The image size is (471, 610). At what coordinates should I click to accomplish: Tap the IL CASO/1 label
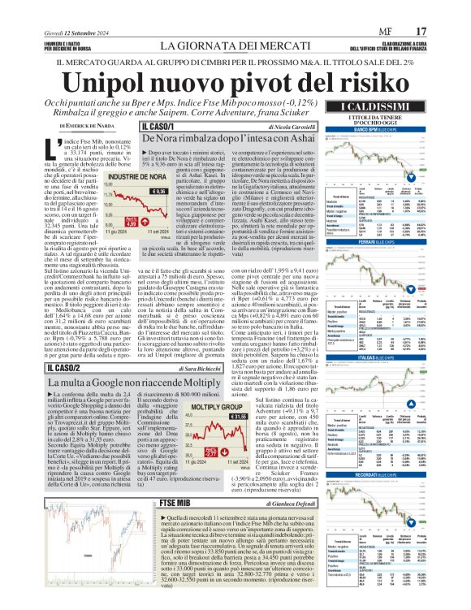[x=160, y=127]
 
